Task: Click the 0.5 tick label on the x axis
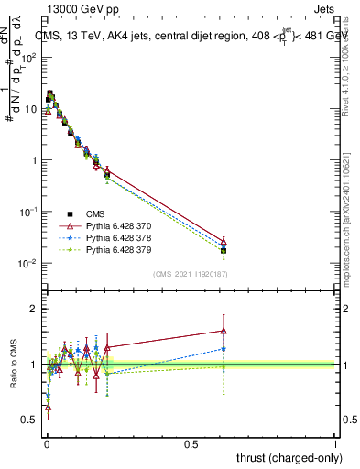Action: (191, 443)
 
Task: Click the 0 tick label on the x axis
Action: (47, 443)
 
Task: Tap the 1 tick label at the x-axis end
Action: (335, 443)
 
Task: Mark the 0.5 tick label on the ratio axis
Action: (30, 420)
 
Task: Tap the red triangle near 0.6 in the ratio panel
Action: (224, 331)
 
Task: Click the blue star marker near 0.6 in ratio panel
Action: (224, 349)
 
